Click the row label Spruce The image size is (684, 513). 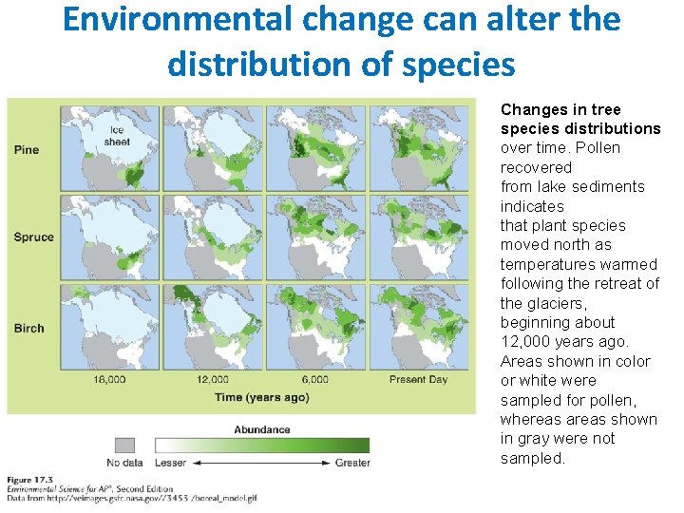pyautogui.click(x=33, y=237)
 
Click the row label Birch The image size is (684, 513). pyautogui.click(x=29, y=328)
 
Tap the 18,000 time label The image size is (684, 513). pyautogui.click(x=109, y=379)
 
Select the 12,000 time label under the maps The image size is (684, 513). pyautogui.click(x=214, y=379)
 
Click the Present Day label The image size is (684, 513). pyautogui.click(x=418, y=379)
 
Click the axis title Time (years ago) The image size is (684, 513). pyautogui.click(x=261, y=397)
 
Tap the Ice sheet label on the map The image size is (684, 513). pyautogui.click(x=117, y=136)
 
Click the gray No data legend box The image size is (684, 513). pyautogui.click(x=124, y=445)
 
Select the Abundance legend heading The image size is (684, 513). pyautogui.click(x=262, y=429)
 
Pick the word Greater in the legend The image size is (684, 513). pyautogui.click(x=352, y=463)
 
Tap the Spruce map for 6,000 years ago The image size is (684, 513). pyautogui.click(x=317, y=237)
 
